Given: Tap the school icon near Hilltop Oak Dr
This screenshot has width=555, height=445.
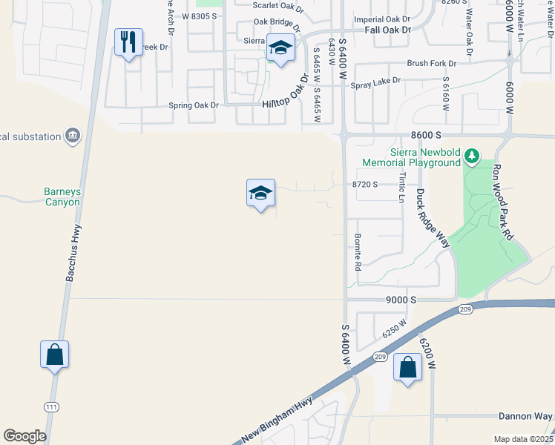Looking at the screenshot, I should tap(280, 48).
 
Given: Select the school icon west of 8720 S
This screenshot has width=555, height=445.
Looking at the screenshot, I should tap(260, 194).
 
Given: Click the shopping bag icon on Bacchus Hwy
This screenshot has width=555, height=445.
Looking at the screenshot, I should tap(55, 355).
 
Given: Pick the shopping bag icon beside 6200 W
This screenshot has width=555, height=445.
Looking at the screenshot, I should tap(407, 367).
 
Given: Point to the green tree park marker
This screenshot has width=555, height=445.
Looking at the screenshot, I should tap(470, 156).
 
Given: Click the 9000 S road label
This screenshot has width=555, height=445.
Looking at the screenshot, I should tap(401, 300).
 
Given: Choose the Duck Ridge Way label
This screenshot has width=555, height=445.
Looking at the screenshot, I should tap(433, 217).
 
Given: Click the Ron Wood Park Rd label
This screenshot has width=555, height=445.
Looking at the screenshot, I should tap(503, 202).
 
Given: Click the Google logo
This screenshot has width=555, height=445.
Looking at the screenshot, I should tap(24, 436).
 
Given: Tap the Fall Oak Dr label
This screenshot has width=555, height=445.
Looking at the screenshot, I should tap(387, 30).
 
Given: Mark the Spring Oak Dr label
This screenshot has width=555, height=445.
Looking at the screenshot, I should tap(194, 105).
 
